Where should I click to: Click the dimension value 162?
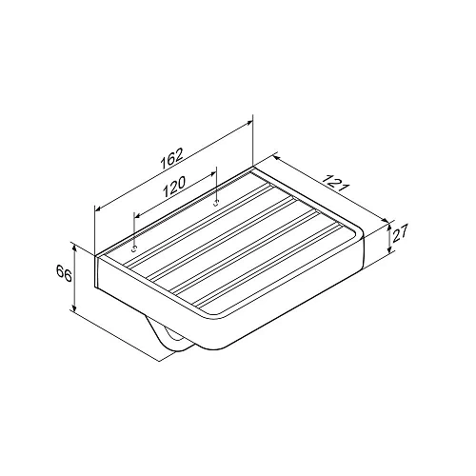[172, 158]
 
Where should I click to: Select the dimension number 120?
[174, 187]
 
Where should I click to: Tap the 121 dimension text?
[336, 183]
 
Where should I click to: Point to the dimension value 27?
[400, 234]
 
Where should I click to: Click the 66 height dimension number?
[64, 273]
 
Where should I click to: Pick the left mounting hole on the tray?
[134, 249]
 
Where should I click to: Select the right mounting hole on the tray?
[216, 203]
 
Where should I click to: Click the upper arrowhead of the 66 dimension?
[74, 249]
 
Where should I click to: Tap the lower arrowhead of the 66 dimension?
[74, 307]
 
